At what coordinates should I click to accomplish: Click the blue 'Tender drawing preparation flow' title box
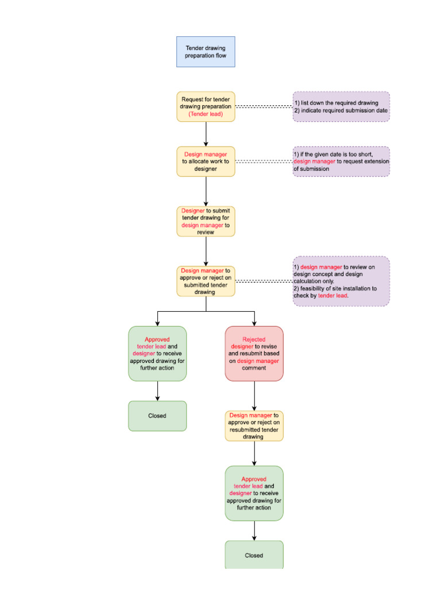(x=206, y=52)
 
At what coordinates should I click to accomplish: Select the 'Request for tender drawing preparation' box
(x=206, y=106)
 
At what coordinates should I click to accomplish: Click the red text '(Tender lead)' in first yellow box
(x=206, y=114)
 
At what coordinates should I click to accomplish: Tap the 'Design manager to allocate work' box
(x=206, y=162)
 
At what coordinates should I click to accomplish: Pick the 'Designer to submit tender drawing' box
(x=206, y=221)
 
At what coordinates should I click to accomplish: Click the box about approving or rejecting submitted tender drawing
(x=206, y=281)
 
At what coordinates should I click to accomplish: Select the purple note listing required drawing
(x=341, y=106)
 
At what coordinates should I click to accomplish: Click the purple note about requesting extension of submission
(x=341, y=162)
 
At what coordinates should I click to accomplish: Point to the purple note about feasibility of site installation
(x=341, y=281)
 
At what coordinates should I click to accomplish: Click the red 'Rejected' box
(x=254, y=354)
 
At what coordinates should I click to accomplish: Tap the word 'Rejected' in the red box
(x=254, y=339)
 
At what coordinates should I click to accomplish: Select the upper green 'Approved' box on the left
(x=157, y=354)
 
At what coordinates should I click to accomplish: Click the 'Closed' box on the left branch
(x=157, y=416)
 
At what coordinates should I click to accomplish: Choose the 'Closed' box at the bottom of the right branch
(x=254, y=555)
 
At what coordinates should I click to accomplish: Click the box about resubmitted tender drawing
(x=254, y=426)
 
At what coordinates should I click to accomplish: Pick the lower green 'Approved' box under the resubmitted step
(x=254, y=494)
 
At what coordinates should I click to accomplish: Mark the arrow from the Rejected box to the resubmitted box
(x=254, y=396)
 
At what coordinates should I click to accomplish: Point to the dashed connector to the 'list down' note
(x=264, y=106)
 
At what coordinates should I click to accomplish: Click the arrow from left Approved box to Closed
(x=157, y=391)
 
